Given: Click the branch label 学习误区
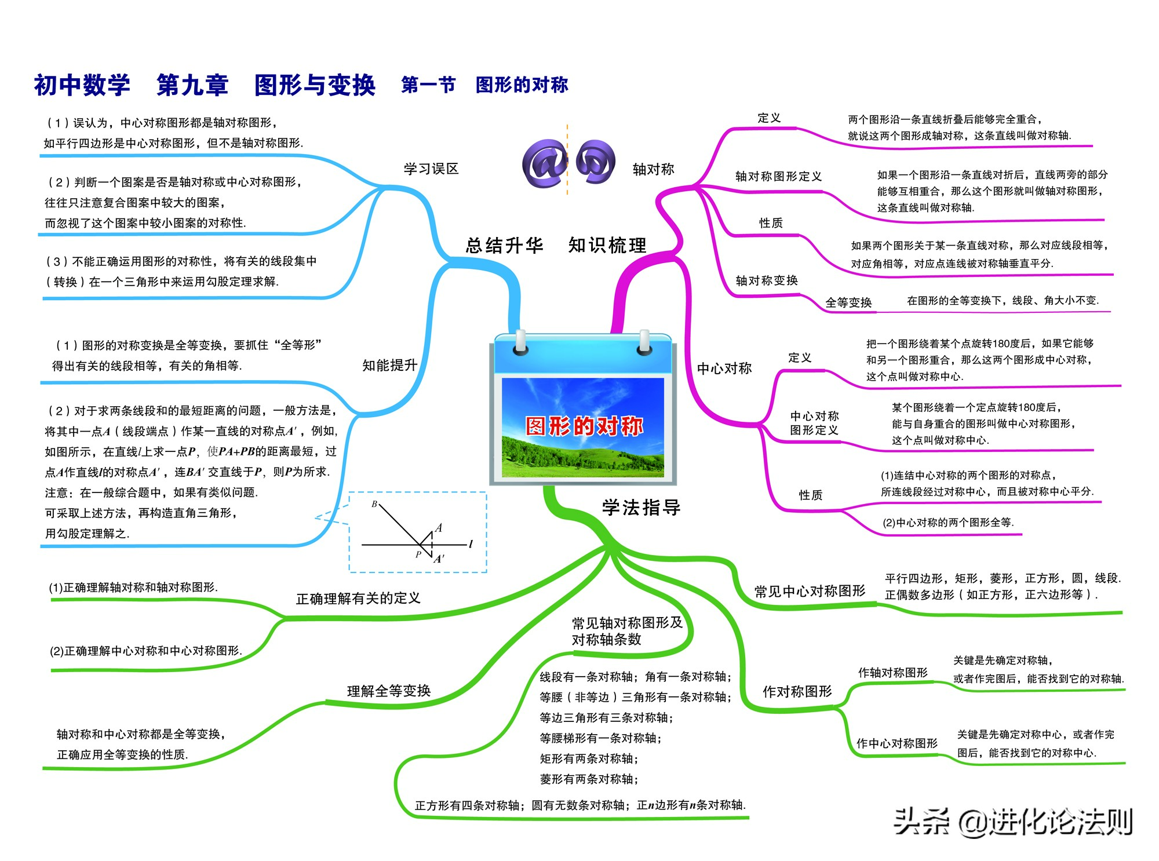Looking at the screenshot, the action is coord(431,169).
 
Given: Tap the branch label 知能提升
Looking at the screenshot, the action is coord(389,365).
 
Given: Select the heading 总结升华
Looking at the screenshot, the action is coord(505,245).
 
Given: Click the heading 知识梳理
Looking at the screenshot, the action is coord(607,245).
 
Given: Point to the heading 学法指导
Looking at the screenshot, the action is coord(642,508).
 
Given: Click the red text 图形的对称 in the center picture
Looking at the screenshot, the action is coord(584,426).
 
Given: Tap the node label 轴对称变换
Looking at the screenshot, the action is coord(767,280).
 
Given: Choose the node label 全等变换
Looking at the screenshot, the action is coord(848,302).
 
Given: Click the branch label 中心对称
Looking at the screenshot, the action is coord(724,368).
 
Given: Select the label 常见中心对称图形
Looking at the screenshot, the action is coord(810,591).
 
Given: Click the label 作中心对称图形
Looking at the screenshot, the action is coord(897,743).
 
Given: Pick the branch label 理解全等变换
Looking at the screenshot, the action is coord(389,691).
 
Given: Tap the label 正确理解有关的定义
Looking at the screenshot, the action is coord(358,599).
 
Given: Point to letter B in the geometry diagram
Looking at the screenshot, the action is coord(374,504).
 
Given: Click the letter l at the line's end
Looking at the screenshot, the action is coord(471,543).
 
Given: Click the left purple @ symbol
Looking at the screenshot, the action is coord(545,164).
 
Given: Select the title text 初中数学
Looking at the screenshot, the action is coord(82,85).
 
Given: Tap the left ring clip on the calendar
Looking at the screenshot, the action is coord(520,342).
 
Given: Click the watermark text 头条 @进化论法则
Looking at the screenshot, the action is coord(1013,821).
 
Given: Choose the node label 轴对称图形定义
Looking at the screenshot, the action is coord(778,176).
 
